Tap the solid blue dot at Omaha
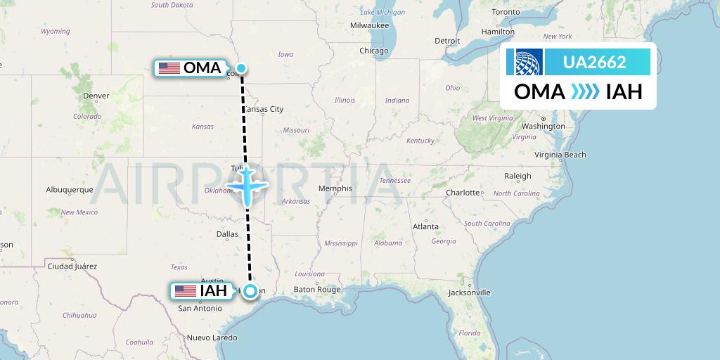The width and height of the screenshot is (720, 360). tap(241, 68)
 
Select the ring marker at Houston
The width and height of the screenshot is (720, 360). tap(250, 290)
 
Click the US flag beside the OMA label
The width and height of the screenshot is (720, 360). tap(169, 68)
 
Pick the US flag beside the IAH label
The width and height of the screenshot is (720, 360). tap(186, 290)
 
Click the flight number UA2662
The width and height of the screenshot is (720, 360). tap(594, 63)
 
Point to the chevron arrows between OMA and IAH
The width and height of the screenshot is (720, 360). tap(585, 92)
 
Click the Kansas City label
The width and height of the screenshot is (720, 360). tap(263, 109)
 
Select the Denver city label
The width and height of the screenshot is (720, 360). tap(96, 96)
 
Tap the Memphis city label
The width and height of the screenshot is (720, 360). tap(335, 188)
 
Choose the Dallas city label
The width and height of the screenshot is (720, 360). tap(227, 234)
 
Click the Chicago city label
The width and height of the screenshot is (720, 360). tap(373, 51)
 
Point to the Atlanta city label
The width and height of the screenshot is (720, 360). tap(425, 226)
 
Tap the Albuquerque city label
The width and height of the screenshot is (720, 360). tap(70, 190)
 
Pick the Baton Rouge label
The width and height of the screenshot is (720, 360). tap(316, 289)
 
